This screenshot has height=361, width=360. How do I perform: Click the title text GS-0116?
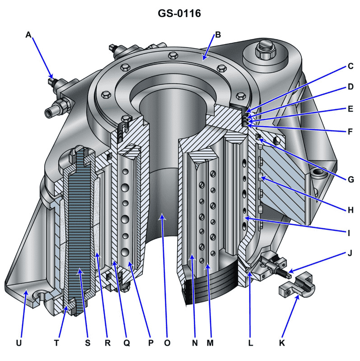[179, 14]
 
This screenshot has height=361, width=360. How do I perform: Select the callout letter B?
[217, 35]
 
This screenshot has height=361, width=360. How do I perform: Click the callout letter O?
[167, 343]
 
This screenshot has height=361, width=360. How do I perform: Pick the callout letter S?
[87, 343]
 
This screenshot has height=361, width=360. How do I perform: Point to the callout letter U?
[19, 343]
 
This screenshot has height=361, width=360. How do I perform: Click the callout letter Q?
[127, 343]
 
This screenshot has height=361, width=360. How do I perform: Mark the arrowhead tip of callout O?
[161, 216]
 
